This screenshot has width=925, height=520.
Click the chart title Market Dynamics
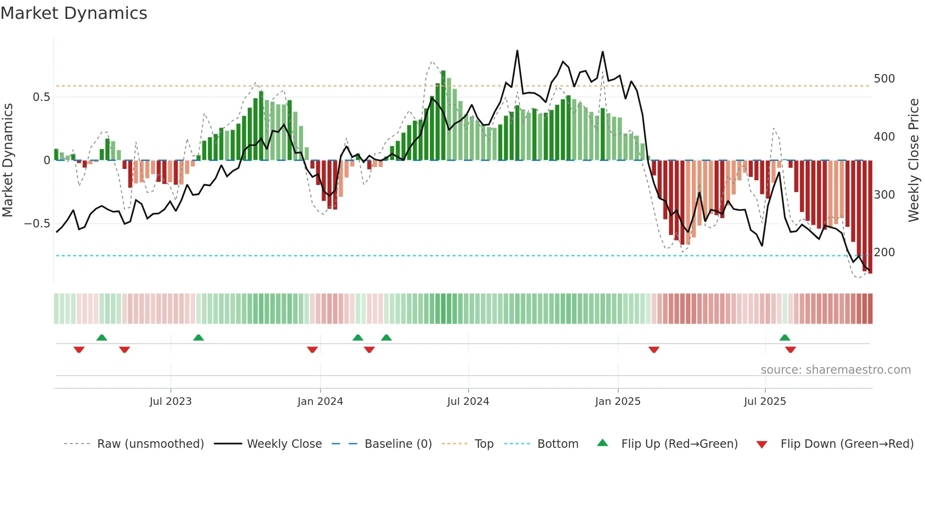click(74, 13)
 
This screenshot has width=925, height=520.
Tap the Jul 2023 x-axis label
click(170, 402)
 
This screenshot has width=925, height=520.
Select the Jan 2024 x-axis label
click(320, 402)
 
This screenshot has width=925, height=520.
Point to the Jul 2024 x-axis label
click(468, 402)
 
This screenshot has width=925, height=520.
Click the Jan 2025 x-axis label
click(617, 402)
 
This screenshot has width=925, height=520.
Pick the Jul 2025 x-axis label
click(765, 402)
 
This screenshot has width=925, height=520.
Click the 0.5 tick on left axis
click(41, 97)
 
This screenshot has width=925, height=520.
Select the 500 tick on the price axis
click(884, 79)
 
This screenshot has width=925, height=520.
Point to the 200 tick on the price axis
click(884, 252)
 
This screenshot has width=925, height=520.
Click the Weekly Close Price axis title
click(914, 160)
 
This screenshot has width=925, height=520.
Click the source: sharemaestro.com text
click(835, 370)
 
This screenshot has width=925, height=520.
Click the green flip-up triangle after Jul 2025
click(784, 338)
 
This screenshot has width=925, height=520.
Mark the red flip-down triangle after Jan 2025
click(654, 350)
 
